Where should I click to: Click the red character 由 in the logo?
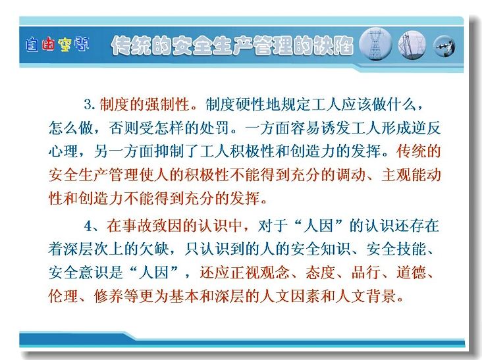pyautogui.click(x=48, y=45)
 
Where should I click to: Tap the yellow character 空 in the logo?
pyautogui.click(x=65, y=45)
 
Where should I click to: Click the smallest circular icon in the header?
pyautogui.click(x=444, y=46)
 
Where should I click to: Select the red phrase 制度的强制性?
pyautogui.click(x=144, y=105)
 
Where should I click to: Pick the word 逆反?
pyautogui.click(x=426, y=128)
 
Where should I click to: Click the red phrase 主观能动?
pyautogui.click(x=411, y=175)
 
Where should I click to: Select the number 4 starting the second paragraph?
pyautogui.click(x=88, y=226)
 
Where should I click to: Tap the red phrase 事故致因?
pyautogui.click(x=151, y=226)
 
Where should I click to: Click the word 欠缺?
pyautogui.click(x=154, y=249)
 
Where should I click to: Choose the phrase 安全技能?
pyautogui.click(x=396, y=249)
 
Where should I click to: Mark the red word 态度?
pyautogui.click(x=320, y=272)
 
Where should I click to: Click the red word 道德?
pyautogui.click(x=411, y=272)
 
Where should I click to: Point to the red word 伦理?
pyautogui.click(x=63, y=296)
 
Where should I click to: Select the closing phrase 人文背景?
pyautogui.click(x=365, y=296)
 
